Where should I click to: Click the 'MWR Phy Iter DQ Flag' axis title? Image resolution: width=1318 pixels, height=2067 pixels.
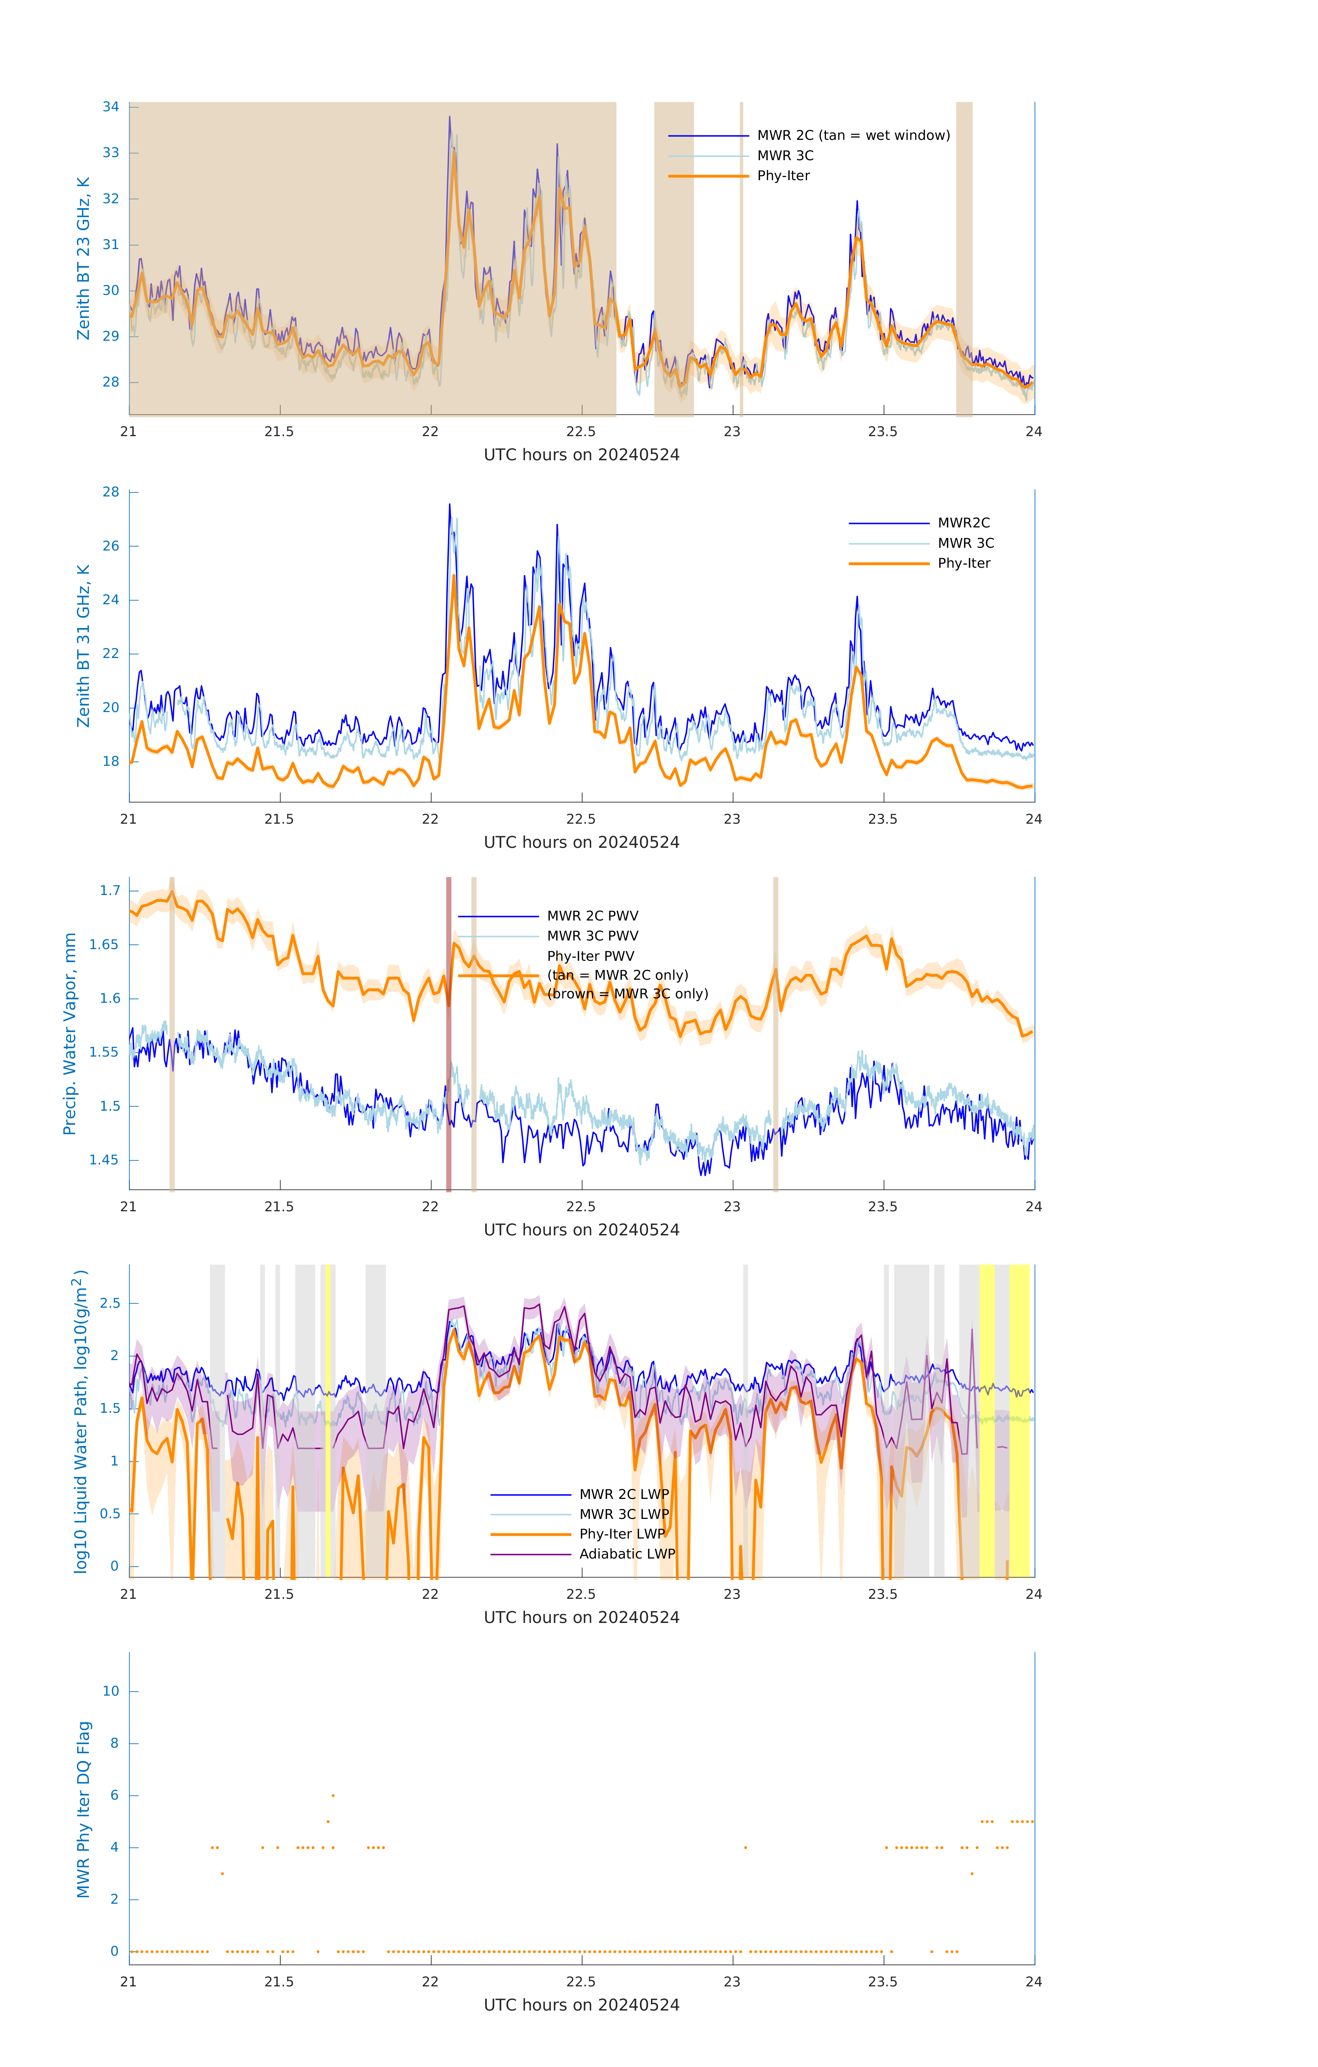click(83, 1809)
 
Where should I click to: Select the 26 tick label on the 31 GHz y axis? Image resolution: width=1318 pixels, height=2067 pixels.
click(111, 546)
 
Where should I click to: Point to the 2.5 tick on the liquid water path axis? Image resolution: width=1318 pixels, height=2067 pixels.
click(110, 1303)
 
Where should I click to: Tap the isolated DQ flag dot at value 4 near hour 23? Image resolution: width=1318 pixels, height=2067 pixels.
click(745, 1847)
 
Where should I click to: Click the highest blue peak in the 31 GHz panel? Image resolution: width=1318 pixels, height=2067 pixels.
click(449, 506)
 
